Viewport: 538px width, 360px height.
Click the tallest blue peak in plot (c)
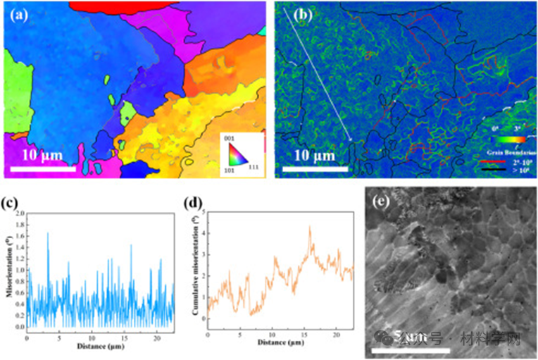(48, 233)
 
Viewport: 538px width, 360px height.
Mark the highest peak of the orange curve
(309, 226)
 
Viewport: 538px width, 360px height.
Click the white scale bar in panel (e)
(408, 349)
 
